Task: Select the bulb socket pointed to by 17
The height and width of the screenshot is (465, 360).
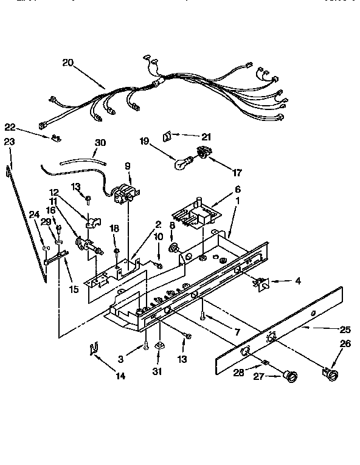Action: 201,154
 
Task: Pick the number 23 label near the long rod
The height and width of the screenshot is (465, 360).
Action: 9,142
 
